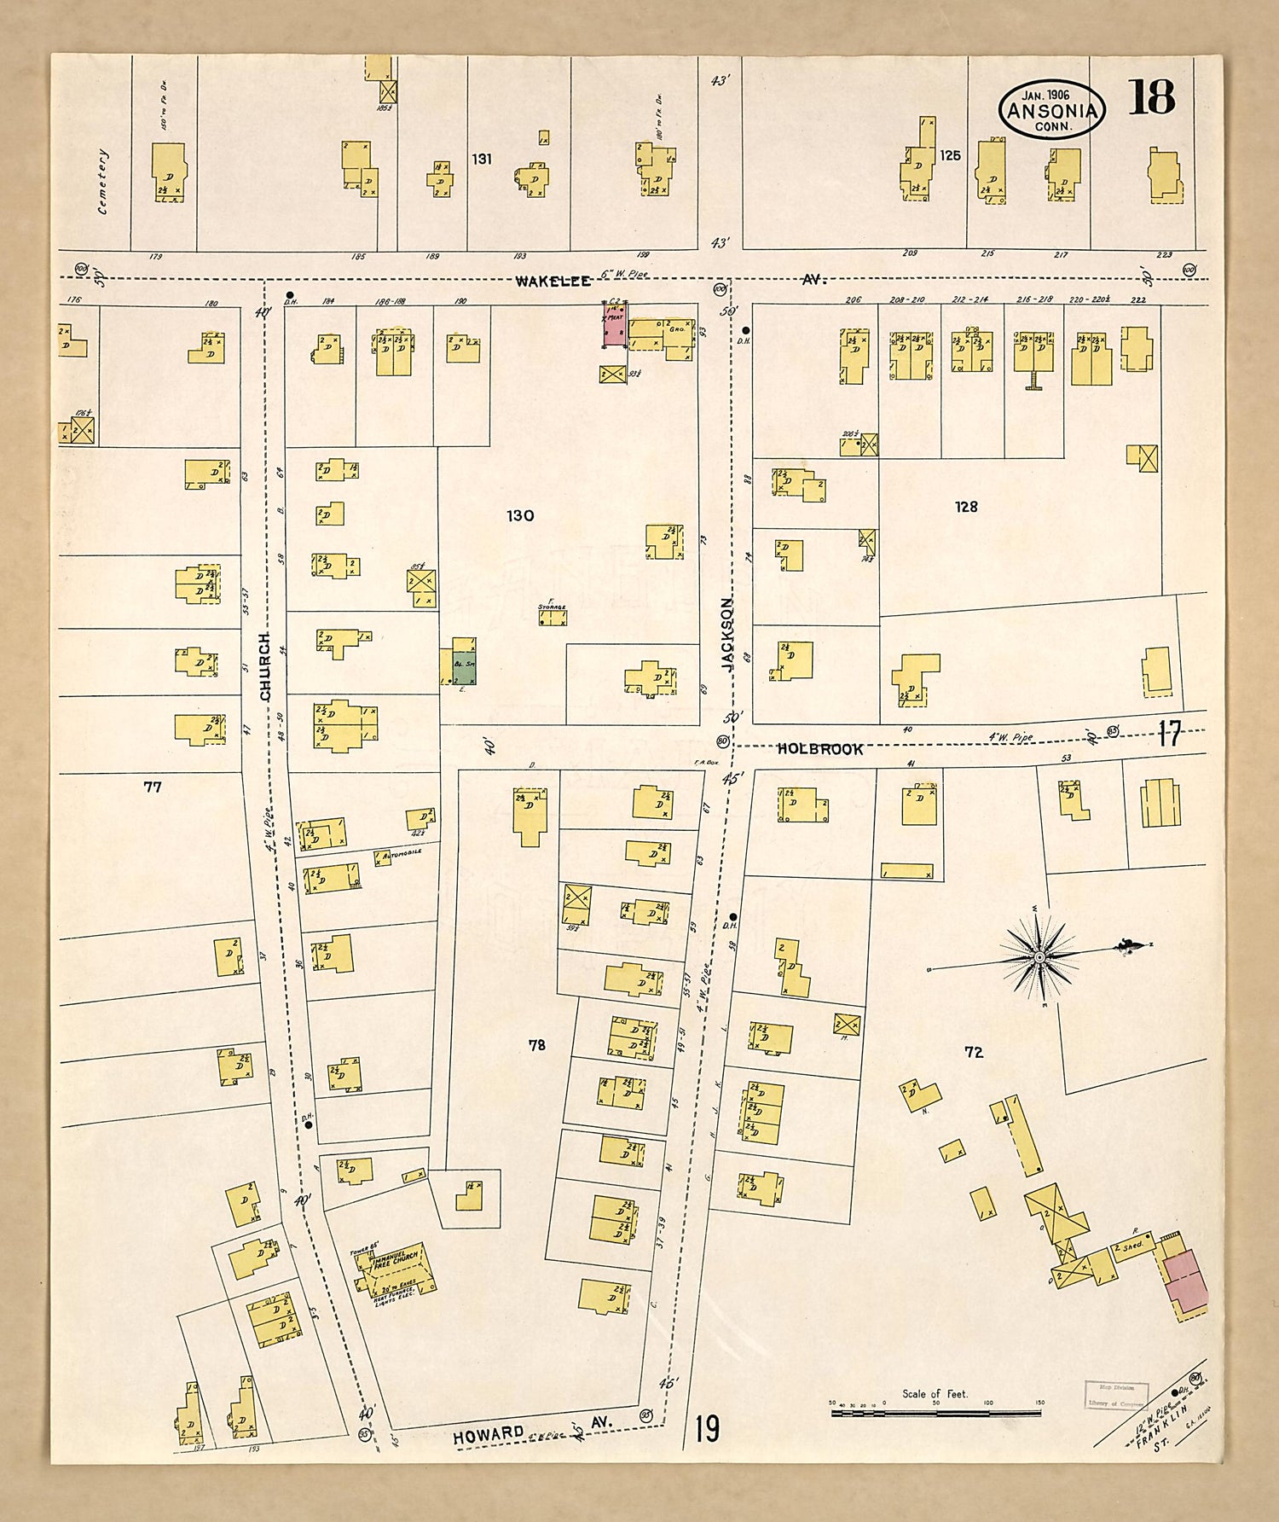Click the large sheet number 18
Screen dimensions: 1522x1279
pos(1152,97)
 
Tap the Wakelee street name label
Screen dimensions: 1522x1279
pos(553,281)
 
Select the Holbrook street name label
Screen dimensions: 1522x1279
pos(820,748)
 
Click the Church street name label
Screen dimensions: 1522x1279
pos(265,666)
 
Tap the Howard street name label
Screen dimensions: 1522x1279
pos(489,1435)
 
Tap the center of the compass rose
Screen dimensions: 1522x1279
pos(1039,957)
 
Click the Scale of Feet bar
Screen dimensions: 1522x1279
pos(935,1414)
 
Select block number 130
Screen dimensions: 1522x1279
pos(520,515)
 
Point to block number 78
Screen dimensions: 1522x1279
pos(536,1044)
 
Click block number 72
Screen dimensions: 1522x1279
pos(974,1052)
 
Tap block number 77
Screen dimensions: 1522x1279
pos(153,787)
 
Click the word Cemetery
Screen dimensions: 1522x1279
pos(103,181)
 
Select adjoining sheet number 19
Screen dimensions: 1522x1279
pos(707,1427)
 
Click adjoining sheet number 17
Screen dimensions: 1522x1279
pos(1170,734)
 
